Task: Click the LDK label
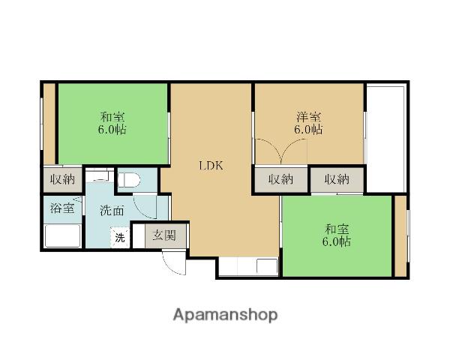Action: point(211,166)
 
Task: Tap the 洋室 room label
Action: point(309,117)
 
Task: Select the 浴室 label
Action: point(62,208)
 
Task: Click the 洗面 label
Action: point(112,211)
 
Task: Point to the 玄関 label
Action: point(163,235)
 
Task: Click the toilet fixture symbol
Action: point(129,180)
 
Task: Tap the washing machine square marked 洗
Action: point(120,238)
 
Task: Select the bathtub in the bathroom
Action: point(62,236)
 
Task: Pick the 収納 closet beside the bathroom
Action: point(63,180)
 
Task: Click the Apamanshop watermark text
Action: point(225,315)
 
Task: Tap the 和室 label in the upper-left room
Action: point(112,117)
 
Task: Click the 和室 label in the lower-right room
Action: point(337,229)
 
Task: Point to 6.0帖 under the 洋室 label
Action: point(308,130)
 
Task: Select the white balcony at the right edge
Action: point(386,138)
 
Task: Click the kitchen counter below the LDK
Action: point(248,268)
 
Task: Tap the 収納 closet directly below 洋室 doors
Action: point(281,180)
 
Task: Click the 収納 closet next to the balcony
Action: point(337,180)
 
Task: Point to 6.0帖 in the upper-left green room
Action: point(112,130)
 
